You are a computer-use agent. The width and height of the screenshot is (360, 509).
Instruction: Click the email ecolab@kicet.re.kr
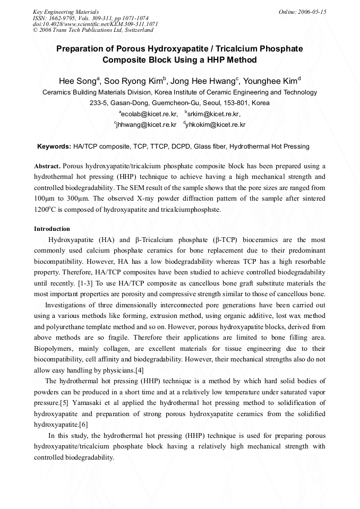pos(149,114)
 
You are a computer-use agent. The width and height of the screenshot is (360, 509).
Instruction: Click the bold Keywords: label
pos(54,146)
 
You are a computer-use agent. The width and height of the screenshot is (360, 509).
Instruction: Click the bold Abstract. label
pos(50,166)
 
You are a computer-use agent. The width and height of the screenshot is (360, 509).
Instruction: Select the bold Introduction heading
pos(52,229)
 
